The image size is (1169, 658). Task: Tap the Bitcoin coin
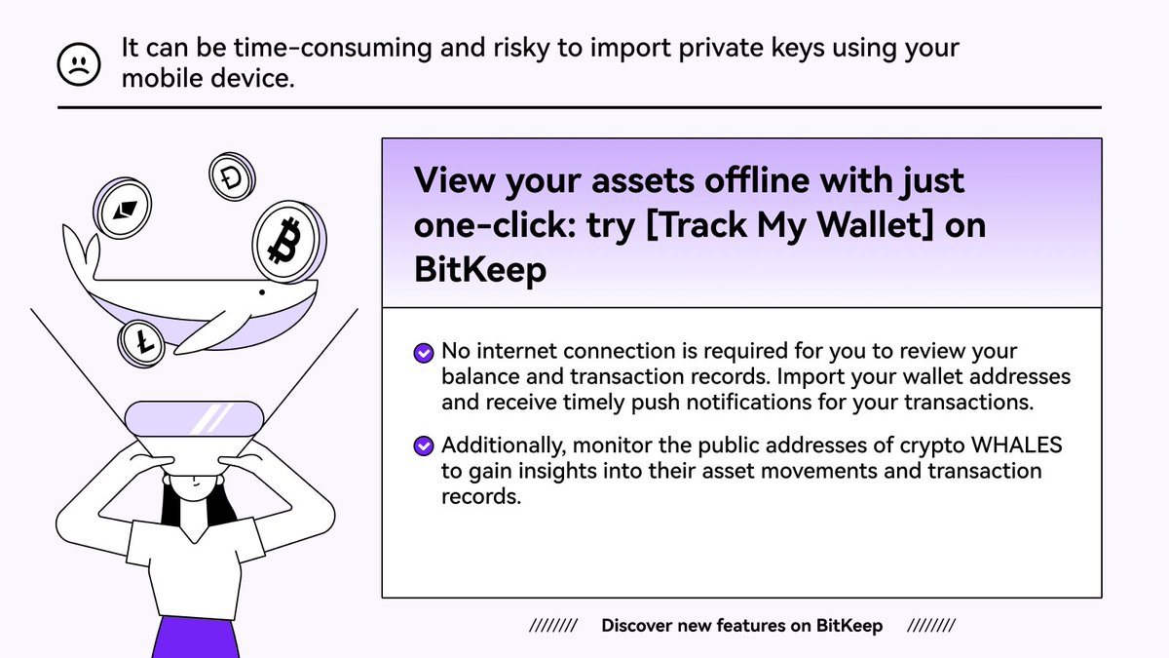coord(288,242)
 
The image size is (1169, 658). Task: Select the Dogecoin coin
coord(233,177)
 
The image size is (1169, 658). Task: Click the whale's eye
coord(261,292)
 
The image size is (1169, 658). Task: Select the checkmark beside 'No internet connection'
coord(423,353)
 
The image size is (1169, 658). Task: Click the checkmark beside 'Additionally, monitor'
coord(423,446)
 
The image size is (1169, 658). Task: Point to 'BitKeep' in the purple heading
coord(480,269)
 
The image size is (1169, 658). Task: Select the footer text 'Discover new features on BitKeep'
coord(742,626)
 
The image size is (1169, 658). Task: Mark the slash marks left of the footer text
coord(553,626)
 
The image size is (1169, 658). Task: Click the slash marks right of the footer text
coord(931,626)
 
